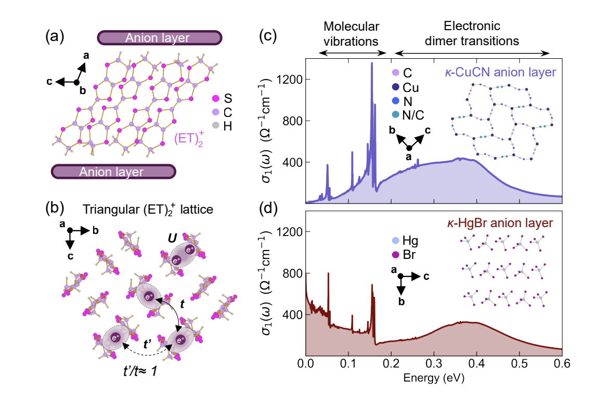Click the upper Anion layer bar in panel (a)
tap(159, 37)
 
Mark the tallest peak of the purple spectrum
tap(372, 63)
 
